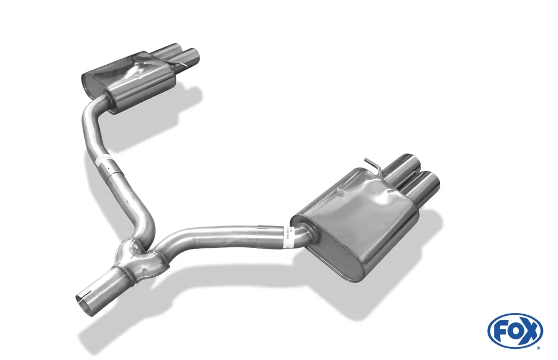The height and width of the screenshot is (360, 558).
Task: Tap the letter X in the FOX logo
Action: [531, 330]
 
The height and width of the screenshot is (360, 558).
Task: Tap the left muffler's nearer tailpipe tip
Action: [193, 56]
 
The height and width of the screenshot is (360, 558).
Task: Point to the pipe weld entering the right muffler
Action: [301, 236]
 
